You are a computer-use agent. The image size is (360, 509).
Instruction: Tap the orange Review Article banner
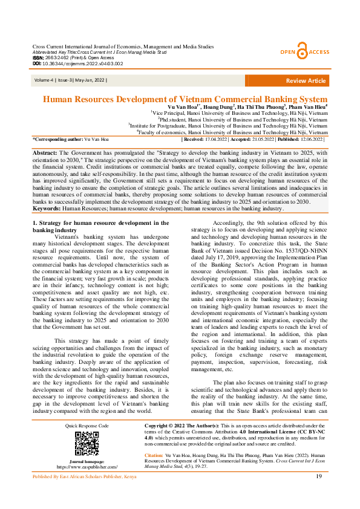(x=305, y=80)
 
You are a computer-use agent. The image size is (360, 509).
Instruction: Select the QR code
(x=87, y=443)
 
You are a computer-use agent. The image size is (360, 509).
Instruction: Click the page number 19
(x=319, y=493)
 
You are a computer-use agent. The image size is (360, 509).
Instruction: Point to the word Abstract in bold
(x=44, y=154)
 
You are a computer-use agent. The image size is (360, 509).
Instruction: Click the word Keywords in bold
(x=47, y=208)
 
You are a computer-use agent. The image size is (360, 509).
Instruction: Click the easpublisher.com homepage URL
(x=87, y=467)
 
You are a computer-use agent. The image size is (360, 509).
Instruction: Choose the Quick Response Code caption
(x=87, y=426)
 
